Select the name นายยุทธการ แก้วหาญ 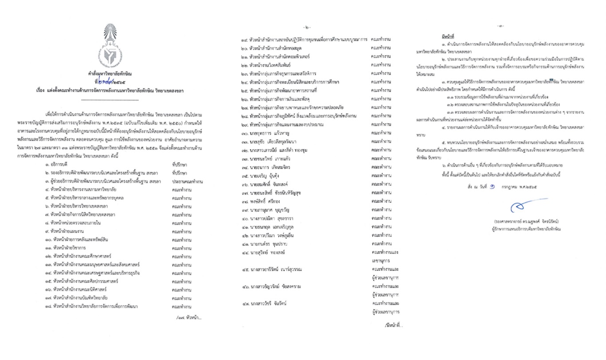[273, 133]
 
